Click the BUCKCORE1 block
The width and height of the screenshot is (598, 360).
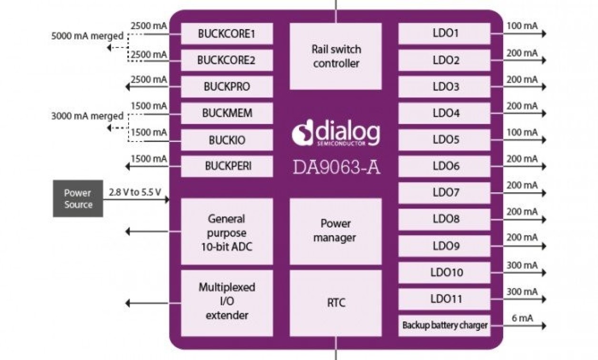pyautogui.click(x=227, y=34)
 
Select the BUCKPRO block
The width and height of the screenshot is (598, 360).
pyautogui.click(x=227, y=87)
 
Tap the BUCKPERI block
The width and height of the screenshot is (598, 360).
pyautogui.click(x=227, y=166)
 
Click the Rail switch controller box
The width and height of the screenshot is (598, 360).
pyautogui.click(x=336, y=56)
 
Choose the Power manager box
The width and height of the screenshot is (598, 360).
pyautogui.click(x=336, y=231)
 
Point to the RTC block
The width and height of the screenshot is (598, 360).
pyautogui.click(x=336, y=303)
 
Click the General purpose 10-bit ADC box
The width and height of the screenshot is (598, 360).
pyautogui.click(x=227, y=232)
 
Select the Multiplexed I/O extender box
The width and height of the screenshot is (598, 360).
pyautogui.click(x=227, y=301)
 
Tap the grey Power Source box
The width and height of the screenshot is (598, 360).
pyautogui.click(x=78, y=199)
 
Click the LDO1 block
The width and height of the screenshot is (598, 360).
pyautogui.click(x=444, y=34)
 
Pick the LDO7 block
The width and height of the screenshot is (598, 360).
pyautogui.click(x=444, y=193)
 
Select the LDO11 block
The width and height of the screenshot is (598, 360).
pyautogui.click(x=444, y=299)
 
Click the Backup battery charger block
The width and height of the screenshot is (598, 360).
pyautogui.click(x=444, y=326)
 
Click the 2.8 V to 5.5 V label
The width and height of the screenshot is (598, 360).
pyautogui.click(x=135, y=192)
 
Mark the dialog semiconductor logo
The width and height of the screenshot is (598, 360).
pyautogui.click(x=336, y=134)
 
